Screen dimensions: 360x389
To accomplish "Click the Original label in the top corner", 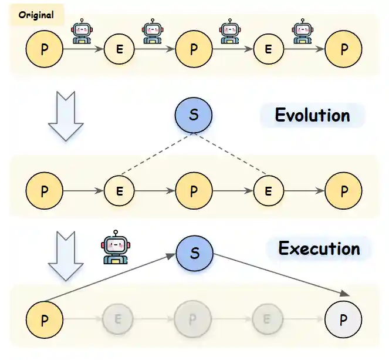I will click(36, 15).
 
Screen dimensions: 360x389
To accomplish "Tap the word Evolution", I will click(312, 115).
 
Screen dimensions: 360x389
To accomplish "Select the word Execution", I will click(319, 248).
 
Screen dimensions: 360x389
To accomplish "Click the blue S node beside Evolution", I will click(194, 115).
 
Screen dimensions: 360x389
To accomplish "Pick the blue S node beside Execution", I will click(195, 253).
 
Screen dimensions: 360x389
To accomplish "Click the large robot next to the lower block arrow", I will click(115, 248).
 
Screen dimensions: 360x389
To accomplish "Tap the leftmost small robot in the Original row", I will click(82, 32).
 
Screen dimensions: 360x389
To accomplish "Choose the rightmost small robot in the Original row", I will click(302, 32).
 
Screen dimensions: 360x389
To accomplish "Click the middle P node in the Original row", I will click(194, 49).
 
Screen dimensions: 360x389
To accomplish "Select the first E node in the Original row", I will click(119, 49).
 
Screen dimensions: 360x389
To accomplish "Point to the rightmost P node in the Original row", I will click(343, 49).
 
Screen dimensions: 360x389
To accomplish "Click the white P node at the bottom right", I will click(343, 321).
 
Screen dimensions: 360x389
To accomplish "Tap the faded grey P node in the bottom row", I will click(194, 321).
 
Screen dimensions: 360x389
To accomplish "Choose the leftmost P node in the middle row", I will click(44, 191).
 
